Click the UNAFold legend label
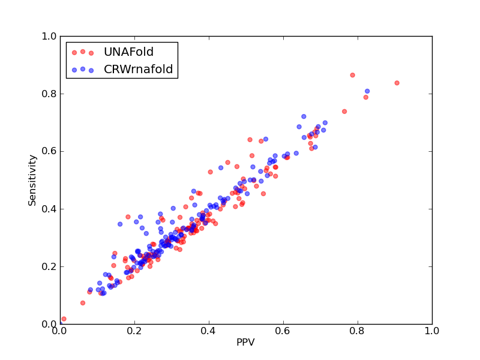[128, 52]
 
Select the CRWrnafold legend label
[139, 69]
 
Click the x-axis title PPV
[245, 342]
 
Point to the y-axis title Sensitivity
[32, 181]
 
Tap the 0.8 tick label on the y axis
[49, 94]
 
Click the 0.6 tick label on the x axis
[283, 331]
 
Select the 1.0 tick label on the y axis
[49, 36]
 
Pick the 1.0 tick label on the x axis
[432, 331]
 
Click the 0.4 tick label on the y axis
[49, 209]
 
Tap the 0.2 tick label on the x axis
[134, 331]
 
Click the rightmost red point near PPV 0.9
[397, 83]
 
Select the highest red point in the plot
[353, 75]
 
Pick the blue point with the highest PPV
[367, 91]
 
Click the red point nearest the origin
[64, 319]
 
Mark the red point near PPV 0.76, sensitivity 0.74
[344, 112]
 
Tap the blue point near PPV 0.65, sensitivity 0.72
[304, 116]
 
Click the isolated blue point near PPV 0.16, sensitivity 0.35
[120, 224]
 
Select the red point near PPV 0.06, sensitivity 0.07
[83, 303]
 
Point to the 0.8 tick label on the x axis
[358, 331]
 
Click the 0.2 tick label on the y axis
[49, 266]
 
